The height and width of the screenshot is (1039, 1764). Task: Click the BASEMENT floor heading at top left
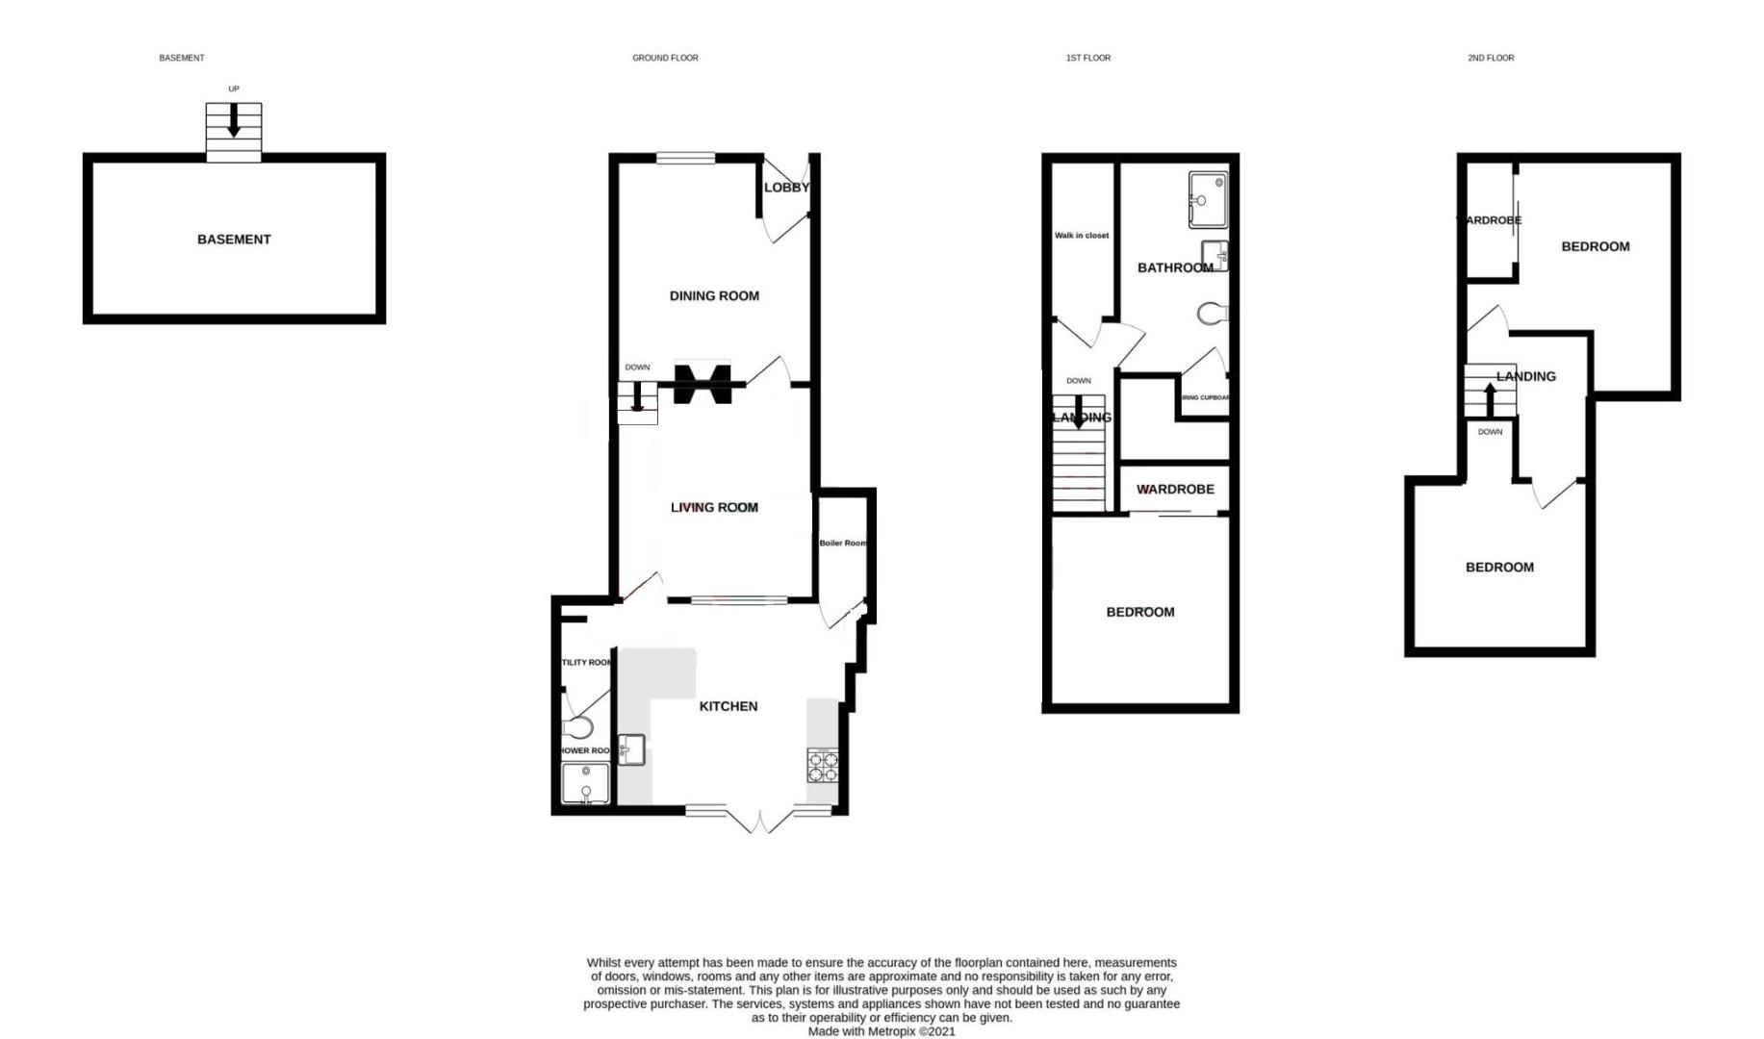click(181, 58)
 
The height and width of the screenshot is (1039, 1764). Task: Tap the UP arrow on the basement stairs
click(233, 120)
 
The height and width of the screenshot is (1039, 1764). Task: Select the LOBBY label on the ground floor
click(786, 188)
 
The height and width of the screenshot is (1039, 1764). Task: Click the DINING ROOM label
click(714, 296)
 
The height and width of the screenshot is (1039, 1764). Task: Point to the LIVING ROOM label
click(714, 507)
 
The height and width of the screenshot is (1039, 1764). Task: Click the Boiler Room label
click(843, 543)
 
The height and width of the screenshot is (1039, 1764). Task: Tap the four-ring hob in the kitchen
click(823, 765)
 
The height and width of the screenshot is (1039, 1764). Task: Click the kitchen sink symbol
click(631, 748)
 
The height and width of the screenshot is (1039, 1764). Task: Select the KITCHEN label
click(728, 706)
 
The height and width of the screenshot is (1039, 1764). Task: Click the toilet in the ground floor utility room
click(579, 727)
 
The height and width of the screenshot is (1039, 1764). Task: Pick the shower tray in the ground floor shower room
click(585, 783)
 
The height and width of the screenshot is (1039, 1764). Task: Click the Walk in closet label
click(1082, 236)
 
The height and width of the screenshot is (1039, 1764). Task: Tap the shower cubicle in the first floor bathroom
click(1208, 199)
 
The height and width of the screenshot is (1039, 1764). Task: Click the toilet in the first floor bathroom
click(1214, 313)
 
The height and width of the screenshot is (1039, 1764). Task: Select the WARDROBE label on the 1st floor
click(1175, 490)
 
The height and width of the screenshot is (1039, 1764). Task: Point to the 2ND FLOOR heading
click(1490, 58)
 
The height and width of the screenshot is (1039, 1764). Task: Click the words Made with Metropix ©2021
click(881, 1031)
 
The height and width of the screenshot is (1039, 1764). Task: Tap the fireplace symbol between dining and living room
click(703, 383)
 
